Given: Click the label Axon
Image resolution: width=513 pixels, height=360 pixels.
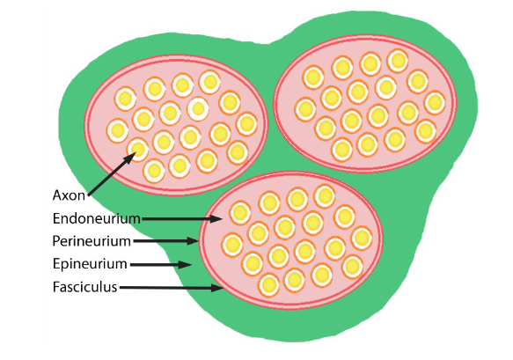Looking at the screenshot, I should (68, 195).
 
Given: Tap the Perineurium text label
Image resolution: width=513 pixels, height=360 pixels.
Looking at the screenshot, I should (92, 240).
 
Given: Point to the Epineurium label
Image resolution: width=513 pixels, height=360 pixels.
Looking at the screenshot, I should (91, 263).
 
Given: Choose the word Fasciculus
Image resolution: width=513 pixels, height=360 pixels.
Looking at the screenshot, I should (84, 287).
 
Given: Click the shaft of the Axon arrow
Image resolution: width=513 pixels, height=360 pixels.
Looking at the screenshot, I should (109, 174).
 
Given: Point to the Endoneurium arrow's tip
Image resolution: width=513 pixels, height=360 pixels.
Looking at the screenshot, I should (216, 217).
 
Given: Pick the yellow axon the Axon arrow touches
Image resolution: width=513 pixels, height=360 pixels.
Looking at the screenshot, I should (138, 147).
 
